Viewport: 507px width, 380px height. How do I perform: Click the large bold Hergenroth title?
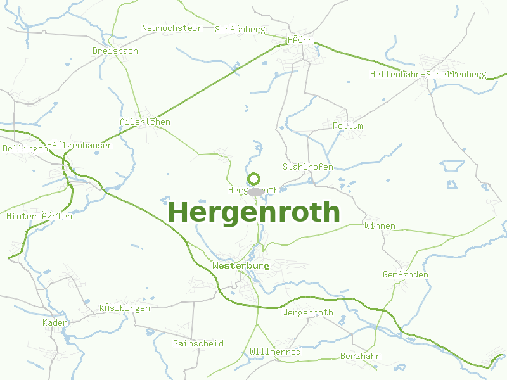(x=254, y=212)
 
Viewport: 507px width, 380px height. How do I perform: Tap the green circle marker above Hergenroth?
(x=253, y=179)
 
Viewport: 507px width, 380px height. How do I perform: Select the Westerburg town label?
(x=241, y=265)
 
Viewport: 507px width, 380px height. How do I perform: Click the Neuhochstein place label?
(x=172, y=28)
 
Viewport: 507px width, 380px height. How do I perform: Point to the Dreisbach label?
(x=115, y=51)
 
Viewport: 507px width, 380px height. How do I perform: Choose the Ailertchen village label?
(x=145, y=122)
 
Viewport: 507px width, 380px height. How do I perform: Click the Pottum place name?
(x=348, y=125)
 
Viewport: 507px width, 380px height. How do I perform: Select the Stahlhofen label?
(x=307, y=167)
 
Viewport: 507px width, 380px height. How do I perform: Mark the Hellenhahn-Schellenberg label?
(x=428, y=74)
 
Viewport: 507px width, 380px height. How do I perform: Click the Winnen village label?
(x=380, y=225)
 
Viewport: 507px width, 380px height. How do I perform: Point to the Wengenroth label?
(x=307, y=312)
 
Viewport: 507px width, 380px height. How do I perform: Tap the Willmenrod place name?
(x=276, y=351)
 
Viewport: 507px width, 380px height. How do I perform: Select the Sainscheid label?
(x=198, y=343)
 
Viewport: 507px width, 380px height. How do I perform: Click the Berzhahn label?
(x=361, y=356)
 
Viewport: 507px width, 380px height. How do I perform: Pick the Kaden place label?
(x=55, y=322)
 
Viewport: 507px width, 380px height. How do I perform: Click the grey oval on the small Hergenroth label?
(x=255, y=191)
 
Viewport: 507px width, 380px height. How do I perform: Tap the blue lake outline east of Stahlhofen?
(x=452, y=166)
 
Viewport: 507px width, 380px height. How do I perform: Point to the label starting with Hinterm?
(x=39, y=216)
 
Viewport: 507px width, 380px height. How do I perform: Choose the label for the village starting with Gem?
(x=406, y=274)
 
